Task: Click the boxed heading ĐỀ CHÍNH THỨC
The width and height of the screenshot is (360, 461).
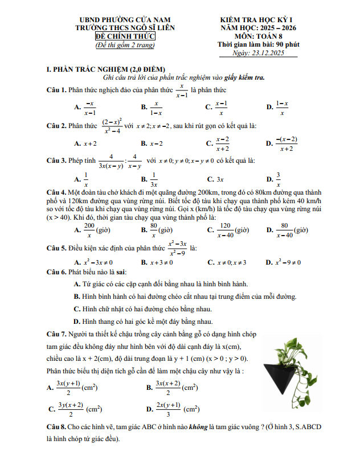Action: pyautogui.click(x=125, y=36)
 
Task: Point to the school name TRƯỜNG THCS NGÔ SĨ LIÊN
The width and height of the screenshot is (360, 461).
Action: pyautogui.click(x=125, y=27)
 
